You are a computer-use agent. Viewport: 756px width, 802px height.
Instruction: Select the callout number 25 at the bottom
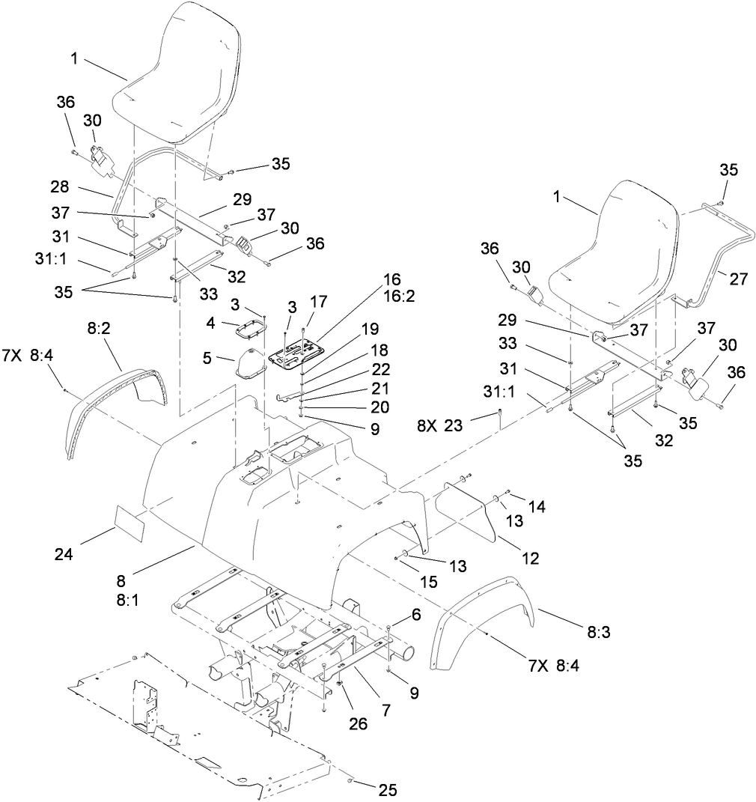pyautogui.click(x=388, y=789)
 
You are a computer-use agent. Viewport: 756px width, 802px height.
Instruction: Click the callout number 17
pyautogui.click(x=318, y=303)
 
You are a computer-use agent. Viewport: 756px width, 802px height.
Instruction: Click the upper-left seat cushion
pyautogui.click(x=177, y=75)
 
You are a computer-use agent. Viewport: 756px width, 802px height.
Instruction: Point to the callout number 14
pyautogui.click(x=537, y=506)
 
